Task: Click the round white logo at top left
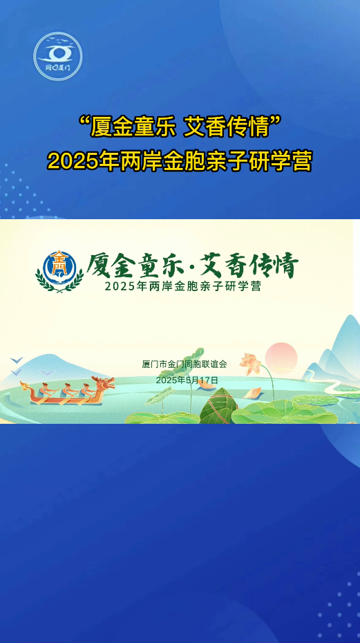click(x=58, y=56)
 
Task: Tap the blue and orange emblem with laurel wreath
click(x=59, y=271)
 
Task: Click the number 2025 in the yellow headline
click(x=66, y=161)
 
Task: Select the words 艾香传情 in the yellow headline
click(x=229, y=128)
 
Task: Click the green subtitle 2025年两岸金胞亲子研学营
click(x=183, y=286)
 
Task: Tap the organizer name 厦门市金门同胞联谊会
click(x=184, y=364)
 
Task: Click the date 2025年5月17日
click(x=187, y=380)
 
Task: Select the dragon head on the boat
click(x=104, y=384)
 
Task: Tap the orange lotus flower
click(x=250, y=362)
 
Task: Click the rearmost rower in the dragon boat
click(x=46, y=389)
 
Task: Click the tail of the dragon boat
click(x=26, y=386)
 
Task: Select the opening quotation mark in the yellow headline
click(x=84, y=122)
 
